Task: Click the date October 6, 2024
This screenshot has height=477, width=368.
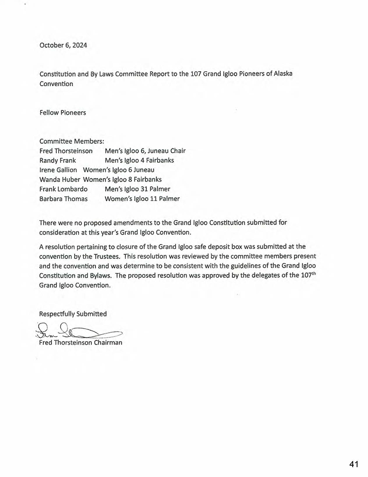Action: [x=63, y=46]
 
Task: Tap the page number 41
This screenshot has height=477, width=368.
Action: [x=354, y=464]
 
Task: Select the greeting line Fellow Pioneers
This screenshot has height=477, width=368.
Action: [x=63, y=113]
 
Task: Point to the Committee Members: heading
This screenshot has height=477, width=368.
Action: [x=72, y=141]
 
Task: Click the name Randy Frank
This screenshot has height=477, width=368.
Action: [x=58, y=161]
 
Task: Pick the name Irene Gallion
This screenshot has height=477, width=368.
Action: [x=58, y=170]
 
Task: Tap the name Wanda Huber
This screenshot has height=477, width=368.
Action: [x=60, y=180]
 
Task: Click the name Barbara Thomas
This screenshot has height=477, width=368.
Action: [x=63, y=199]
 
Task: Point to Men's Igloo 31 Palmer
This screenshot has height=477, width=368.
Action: [x=137, y=189]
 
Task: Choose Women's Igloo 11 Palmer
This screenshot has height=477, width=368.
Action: [x=142, y=199]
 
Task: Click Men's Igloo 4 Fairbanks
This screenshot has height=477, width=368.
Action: [x=139, y=161]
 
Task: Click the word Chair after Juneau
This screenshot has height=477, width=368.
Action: [x=177, y=151]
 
